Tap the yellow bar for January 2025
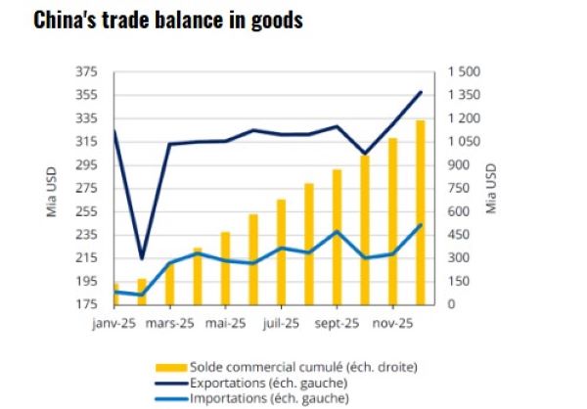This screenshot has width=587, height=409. coord(114,295)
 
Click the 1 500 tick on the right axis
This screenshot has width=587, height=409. coord(466,71)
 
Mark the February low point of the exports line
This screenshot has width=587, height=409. coord(142,258)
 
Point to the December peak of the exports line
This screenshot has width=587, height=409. coord(421,92)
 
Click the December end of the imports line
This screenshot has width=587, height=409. coord(421,225)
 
